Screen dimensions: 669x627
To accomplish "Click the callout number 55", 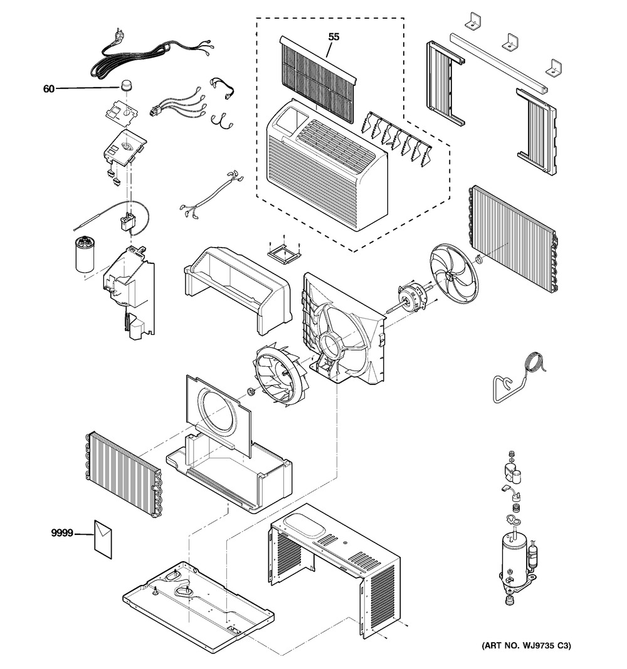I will pyautogui.click(x=334, y=37).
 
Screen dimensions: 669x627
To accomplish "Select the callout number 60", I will pyautogui.click(x=49, y=89).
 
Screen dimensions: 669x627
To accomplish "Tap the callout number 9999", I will pyautogui.click(x=62, y=534).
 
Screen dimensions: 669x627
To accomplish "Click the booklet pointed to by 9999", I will pyautogui.click(x=103, y=537).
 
